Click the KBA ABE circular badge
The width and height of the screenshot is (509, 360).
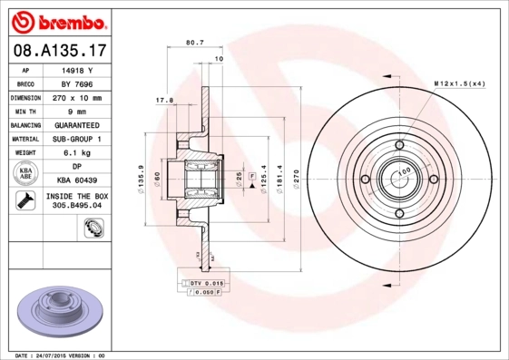[x=24, y=174]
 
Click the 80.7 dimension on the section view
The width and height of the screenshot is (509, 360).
[x=193, y=43]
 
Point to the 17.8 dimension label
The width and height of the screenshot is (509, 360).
[x=164, y=100]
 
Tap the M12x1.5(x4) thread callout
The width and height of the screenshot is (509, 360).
[x=460, y=83]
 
